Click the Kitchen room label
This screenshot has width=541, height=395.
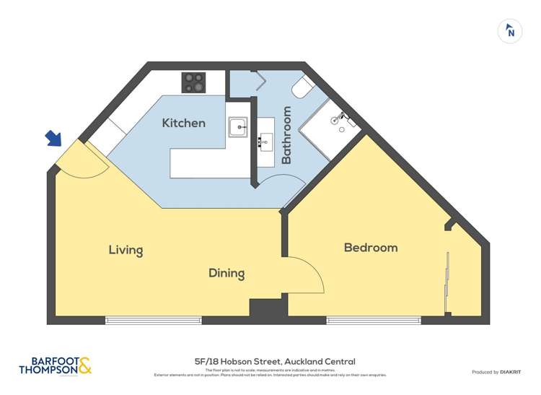click(183, 123)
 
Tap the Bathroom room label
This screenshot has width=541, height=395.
click(286, 135)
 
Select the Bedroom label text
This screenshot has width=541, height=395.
click(370, 248)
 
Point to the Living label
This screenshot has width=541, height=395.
click(126, 251)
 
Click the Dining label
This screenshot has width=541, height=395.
click(226, 274)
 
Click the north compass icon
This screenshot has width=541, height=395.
click(510, 31)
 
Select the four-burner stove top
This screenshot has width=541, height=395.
click(193, 82)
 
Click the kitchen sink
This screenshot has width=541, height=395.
click(237, 127)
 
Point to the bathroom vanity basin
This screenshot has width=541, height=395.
click(265, 142)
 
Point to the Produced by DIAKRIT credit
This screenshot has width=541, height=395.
click(496, 372)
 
